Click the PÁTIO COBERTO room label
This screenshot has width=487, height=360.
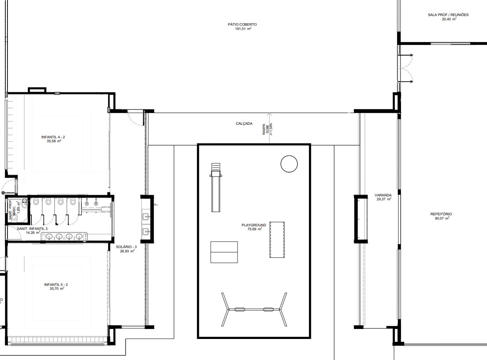[x=242, y=24]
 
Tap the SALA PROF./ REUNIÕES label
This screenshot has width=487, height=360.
[x=448, y=15]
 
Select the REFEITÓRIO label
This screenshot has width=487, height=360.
[x=441, y=214]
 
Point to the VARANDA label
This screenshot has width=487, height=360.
[x=383, y=195]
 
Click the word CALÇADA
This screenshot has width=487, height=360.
[x=244, y=123]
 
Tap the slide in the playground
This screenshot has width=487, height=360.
[x=216, y=187]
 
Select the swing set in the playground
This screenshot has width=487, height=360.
[x=254, y=309]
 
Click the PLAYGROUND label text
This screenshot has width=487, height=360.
[x=254, y=225]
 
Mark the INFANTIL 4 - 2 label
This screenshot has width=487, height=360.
[x=53, y=137]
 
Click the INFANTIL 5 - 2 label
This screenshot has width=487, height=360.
[x=56, y=285]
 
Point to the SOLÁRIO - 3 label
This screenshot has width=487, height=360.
[x=126, y=247]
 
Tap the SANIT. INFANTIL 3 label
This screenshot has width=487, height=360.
[x=32, y=228]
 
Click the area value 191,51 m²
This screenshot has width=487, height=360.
[x=243, y=29]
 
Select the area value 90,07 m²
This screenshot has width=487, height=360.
[x=442, y=218]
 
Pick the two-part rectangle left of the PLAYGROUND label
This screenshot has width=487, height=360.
[x=224, y=252]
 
